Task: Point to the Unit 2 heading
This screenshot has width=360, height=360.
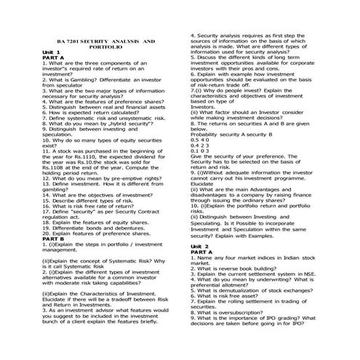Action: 200,247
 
